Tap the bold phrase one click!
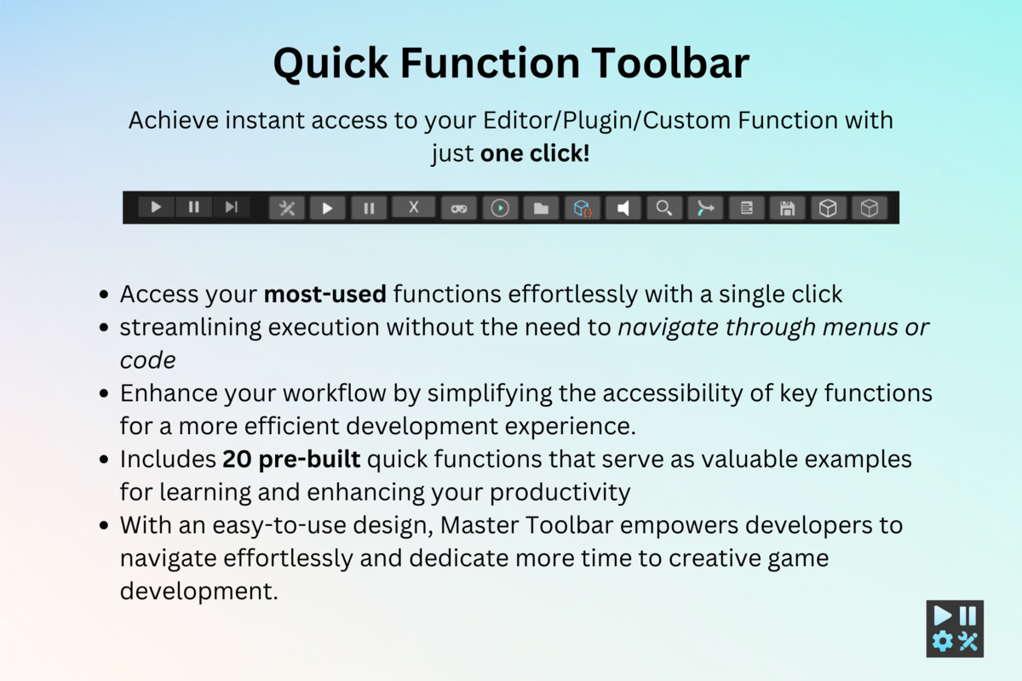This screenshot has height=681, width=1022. [535, 154]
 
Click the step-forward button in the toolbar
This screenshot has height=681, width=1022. [231, 207]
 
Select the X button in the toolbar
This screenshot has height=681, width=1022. [413, 207]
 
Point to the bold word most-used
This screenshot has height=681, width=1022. [325, 295]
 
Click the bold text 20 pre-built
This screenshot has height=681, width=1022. [292, 459]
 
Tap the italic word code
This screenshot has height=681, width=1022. [147, 360]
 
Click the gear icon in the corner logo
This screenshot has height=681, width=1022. [943, 641]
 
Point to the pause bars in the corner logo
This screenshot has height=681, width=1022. [968, 615]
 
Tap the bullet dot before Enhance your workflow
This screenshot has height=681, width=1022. [104, 394]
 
